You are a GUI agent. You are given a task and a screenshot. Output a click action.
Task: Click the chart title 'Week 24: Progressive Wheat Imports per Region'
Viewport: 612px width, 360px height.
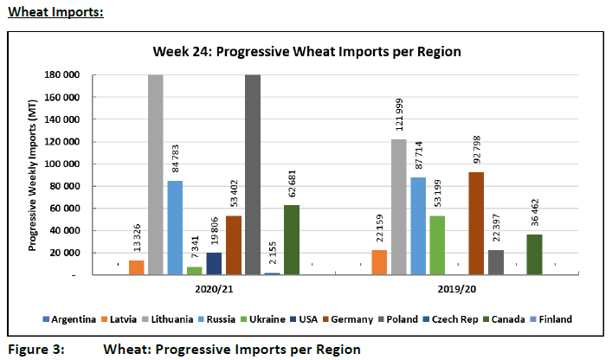coord(306,51)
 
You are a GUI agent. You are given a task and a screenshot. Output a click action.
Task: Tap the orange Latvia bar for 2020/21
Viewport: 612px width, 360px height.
coord(137,267)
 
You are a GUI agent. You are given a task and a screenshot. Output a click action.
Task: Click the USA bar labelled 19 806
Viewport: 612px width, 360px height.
coord(213,264)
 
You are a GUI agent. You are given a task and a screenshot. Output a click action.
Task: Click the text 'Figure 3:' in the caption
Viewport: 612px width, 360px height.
coord(35,350)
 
